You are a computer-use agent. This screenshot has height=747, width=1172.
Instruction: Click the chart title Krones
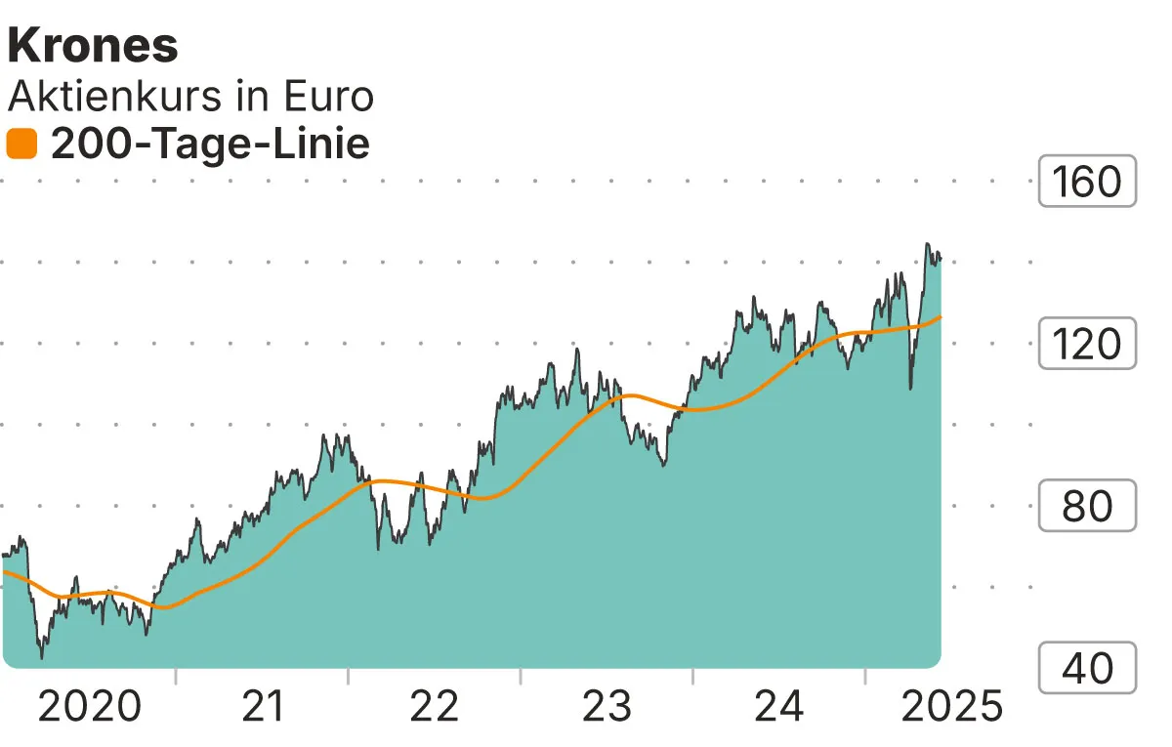click(94, 46)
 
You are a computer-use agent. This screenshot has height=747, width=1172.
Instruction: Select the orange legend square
click(21, 145)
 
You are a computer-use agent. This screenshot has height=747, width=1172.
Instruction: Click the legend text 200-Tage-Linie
click(210, 145)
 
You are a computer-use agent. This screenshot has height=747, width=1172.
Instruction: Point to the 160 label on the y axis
click(1087, 182)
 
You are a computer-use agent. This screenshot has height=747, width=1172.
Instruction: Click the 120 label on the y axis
click(1087, 344)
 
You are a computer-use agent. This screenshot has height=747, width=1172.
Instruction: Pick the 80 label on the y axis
click(1087, 506)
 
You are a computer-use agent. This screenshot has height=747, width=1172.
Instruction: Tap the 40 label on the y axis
click(1087, 668)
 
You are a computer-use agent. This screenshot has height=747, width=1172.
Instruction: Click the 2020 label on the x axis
click(90, 706)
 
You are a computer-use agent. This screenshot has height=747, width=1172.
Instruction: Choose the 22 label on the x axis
click(435, 706)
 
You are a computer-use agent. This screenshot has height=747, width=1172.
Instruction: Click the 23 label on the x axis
click(607, 706)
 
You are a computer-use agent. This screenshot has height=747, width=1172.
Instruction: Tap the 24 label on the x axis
click(779, 706)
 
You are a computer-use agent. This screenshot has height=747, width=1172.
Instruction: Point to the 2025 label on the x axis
click(951, 706)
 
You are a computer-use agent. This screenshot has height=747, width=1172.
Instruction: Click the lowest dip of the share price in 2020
click(41, 657)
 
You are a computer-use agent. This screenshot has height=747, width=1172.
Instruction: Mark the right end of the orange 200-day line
click(941, 316)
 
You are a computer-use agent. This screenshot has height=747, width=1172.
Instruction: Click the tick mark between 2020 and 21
click(176, 676)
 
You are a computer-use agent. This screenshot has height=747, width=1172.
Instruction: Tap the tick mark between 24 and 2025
click(865, 676)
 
